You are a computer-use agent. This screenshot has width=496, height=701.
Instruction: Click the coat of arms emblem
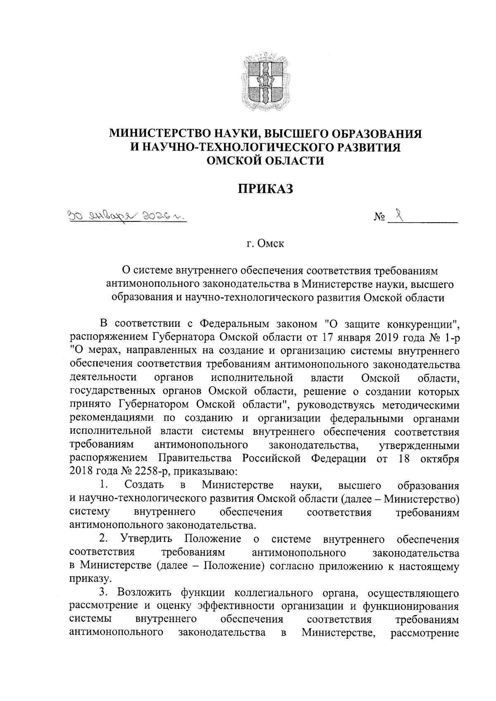(265, 82)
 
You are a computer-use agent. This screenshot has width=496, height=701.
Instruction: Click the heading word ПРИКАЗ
(265, 189)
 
